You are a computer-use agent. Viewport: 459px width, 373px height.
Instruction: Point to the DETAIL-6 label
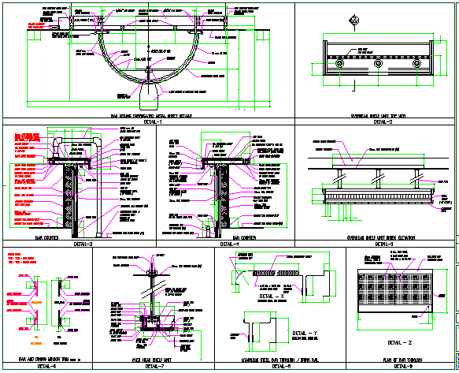46,366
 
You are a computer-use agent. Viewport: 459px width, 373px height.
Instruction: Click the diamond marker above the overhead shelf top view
355,23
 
